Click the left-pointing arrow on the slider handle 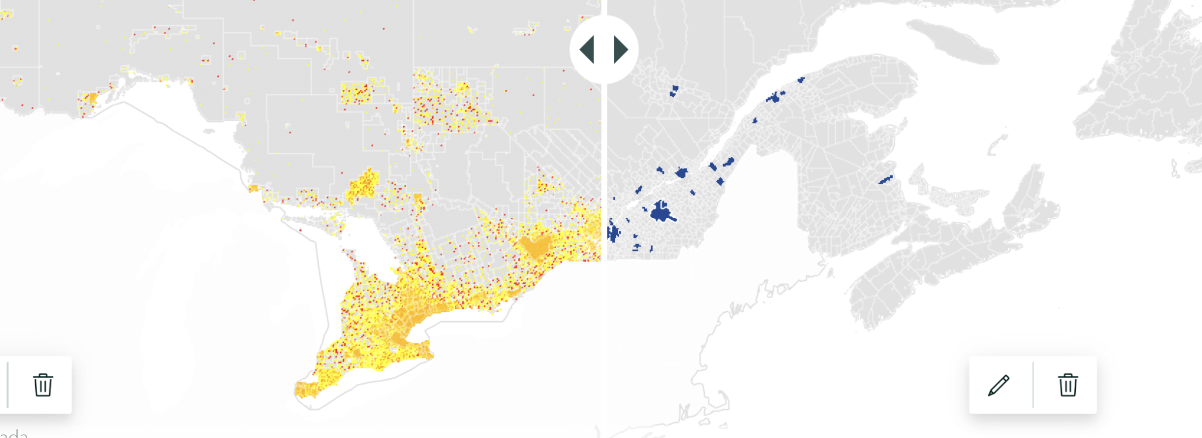(x=588, y=49)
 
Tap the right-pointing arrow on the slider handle (x=620, y=49)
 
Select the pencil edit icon (x=998, y=385)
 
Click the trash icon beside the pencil (x=1068, y=385)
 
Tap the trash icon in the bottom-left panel (x=43, y=385)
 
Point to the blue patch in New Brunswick (x=885, y=180)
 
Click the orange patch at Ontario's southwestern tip (x=305, y=389)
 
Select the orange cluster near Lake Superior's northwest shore (x=89, y=98)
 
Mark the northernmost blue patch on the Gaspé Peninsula (x=801, y=80)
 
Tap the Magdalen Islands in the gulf (x=996, y=143)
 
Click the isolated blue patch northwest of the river (x=674, y=90)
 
